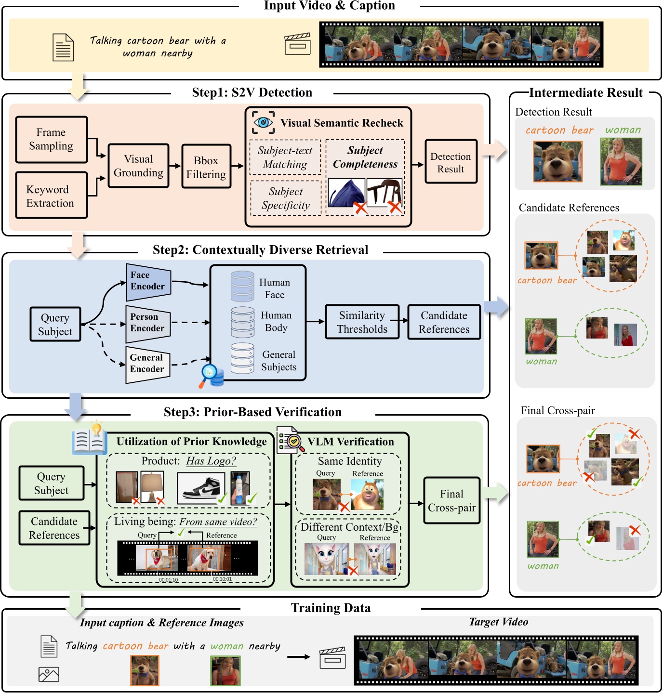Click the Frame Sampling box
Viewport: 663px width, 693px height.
pos(51,139)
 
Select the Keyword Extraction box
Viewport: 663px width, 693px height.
pos(51,196)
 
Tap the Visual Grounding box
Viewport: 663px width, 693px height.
pos(138,166)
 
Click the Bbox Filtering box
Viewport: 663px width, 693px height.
pos(206,167)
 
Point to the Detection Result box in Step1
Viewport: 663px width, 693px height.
pos(451,162)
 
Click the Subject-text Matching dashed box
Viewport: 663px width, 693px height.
pos(285,157)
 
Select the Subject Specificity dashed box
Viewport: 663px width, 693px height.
pos(285,198)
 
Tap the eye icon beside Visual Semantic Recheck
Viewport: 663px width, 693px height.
pos(263,122)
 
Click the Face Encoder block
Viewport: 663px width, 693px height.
pos(148,281)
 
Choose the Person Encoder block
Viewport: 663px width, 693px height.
pos(147,323)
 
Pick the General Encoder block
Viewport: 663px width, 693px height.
pos(147,364)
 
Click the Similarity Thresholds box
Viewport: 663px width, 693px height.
pos(362,322)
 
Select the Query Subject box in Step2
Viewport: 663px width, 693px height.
pos(55,325)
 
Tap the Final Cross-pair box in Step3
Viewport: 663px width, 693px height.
pos(451,500)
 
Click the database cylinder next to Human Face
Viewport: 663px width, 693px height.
pos(242,287)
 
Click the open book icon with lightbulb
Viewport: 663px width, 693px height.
pos(90,440)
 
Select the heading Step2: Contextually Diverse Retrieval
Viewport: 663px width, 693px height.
pos(260,250)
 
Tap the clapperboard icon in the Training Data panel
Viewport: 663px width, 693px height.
pos(333,657)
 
